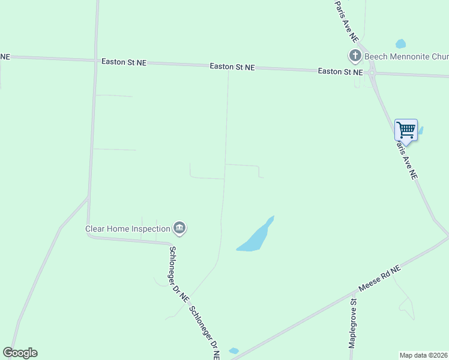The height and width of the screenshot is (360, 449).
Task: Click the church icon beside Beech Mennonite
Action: [x=355, y=56]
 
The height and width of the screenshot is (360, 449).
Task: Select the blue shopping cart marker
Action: [x=406, y=130]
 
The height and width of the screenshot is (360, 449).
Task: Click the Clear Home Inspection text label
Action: [x=127, y=229]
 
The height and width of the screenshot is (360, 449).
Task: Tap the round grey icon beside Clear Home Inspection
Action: [x=179, y=228]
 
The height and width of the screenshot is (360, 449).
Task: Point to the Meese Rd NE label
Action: [x=379, y=279]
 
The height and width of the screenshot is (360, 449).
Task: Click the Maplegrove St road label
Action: [x=354, y=324]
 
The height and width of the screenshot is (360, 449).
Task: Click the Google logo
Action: [x=20, y=353]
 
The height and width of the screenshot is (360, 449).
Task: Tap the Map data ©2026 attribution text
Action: [x=423, y=355]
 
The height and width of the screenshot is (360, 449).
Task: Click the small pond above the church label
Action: [x=400, y=44]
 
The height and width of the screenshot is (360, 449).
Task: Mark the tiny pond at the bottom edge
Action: [x=234, y=351]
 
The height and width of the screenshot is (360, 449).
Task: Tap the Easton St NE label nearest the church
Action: [x=340, y=71]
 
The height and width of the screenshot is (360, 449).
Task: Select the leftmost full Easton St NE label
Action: [x=124, y=62]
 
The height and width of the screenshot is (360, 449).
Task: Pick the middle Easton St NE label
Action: [x=232, y=67]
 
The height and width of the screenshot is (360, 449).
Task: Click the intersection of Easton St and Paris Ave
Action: [x=372, y=74]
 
